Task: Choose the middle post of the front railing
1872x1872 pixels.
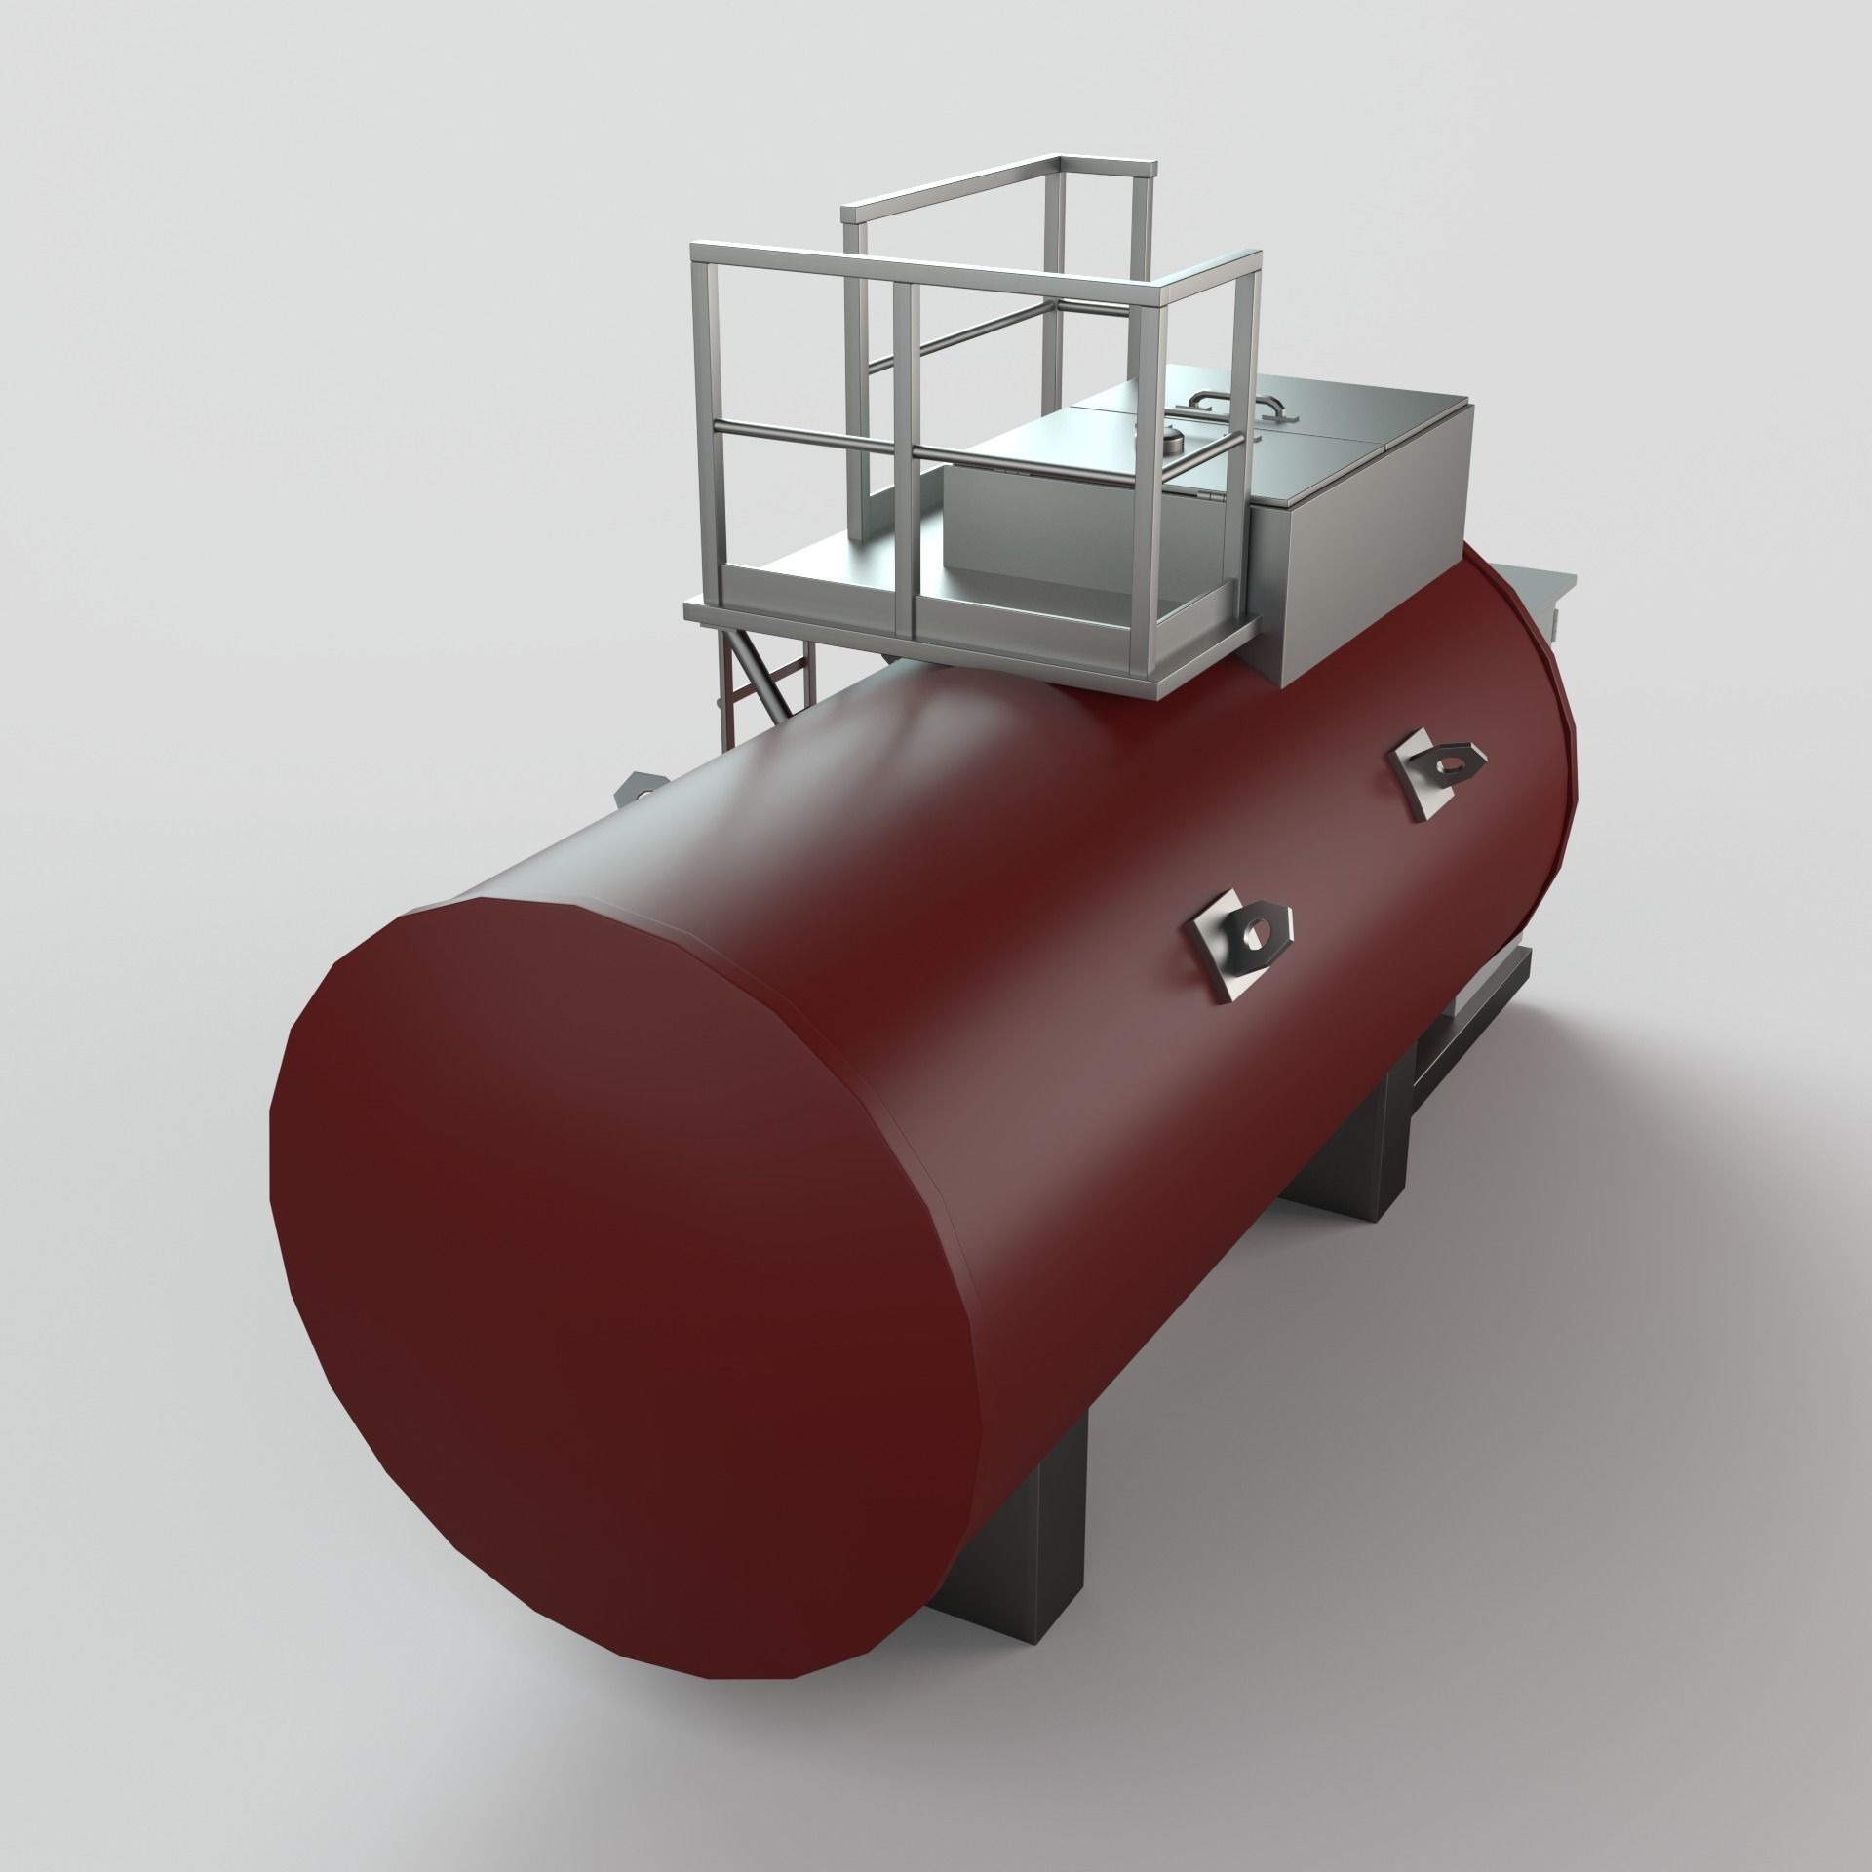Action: pyautogui.click(x=904, y=458)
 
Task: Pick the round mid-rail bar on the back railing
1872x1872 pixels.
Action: pyautogui.click(x=955, y=336)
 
